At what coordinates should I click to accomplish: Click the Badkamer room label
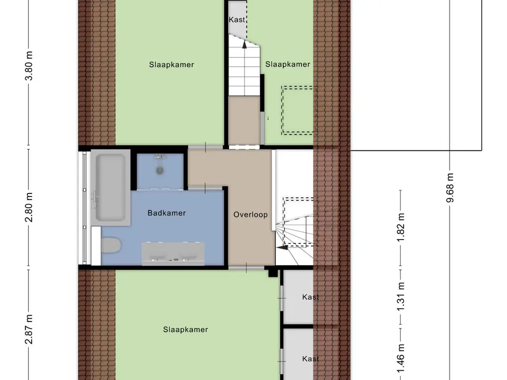click(x=167, y=213)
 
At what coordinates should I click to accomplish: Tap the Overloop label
click(x=251, y=215)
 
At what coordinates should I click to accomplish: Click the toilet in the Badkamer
click(x=110, y=245)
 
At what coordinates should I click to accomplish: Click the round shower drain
click(x=160, y=171)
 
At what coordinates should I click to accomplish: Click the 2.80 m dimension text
click(x=29, y=208)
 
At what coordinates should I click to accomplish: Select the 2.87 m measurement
click(x=29, y=329)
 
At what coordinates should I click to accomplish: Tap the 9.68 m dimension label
click(x=450, y=188)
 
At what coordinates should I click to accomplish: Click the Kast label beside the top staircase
click(x=237, y=20)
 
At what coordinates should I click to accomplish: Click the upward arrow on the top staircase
click(x=244, y=44)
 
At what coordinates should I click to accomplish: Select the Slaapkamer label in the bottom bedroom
click(x=186, y=330)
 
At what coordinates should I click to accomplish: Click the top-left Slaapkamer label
click(x=171, y=64)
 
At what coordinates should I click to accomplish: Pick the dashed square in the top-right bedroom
click(x=298, y=110)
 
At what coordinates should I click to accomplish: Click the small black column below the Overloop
click(x=272, y=272)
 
